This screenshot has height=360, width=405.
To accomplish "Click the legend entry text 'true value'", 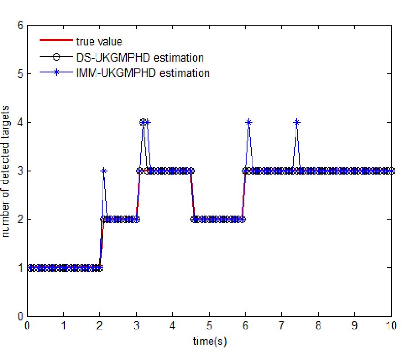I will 99,42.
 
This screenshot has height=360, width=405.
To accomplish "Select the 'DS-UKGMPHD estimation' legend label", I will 139,57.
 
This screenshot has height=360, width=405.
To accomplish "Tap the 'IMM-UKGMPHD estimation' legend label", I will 142,72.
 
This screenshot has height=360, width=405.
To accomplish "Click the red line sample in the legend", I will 56,41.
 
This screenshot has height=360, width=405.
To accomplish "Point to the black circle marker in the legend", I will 56,57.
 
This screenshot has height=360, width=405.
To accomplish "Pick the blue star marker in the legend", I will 56,72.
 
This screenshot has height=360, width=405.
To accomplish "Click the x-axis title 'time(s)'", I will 210,342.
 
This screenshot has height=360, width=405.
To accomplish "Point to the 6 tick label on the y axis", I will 20,25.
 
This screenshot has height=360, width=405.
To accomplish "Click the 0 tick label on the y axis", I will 20,316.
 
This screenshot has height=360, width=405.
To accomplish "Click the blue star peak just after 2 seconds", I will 103,171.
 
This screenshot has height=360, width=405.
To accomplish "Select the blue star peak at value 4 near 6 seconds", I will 249,122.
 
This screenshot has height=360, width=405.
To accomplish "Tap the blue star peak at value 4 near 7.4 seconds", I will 297,122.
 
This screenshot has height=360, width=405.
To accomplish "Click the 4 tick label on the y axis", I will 20,122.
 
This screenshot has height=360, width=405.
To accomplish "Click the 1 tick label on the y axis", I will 20,268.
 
